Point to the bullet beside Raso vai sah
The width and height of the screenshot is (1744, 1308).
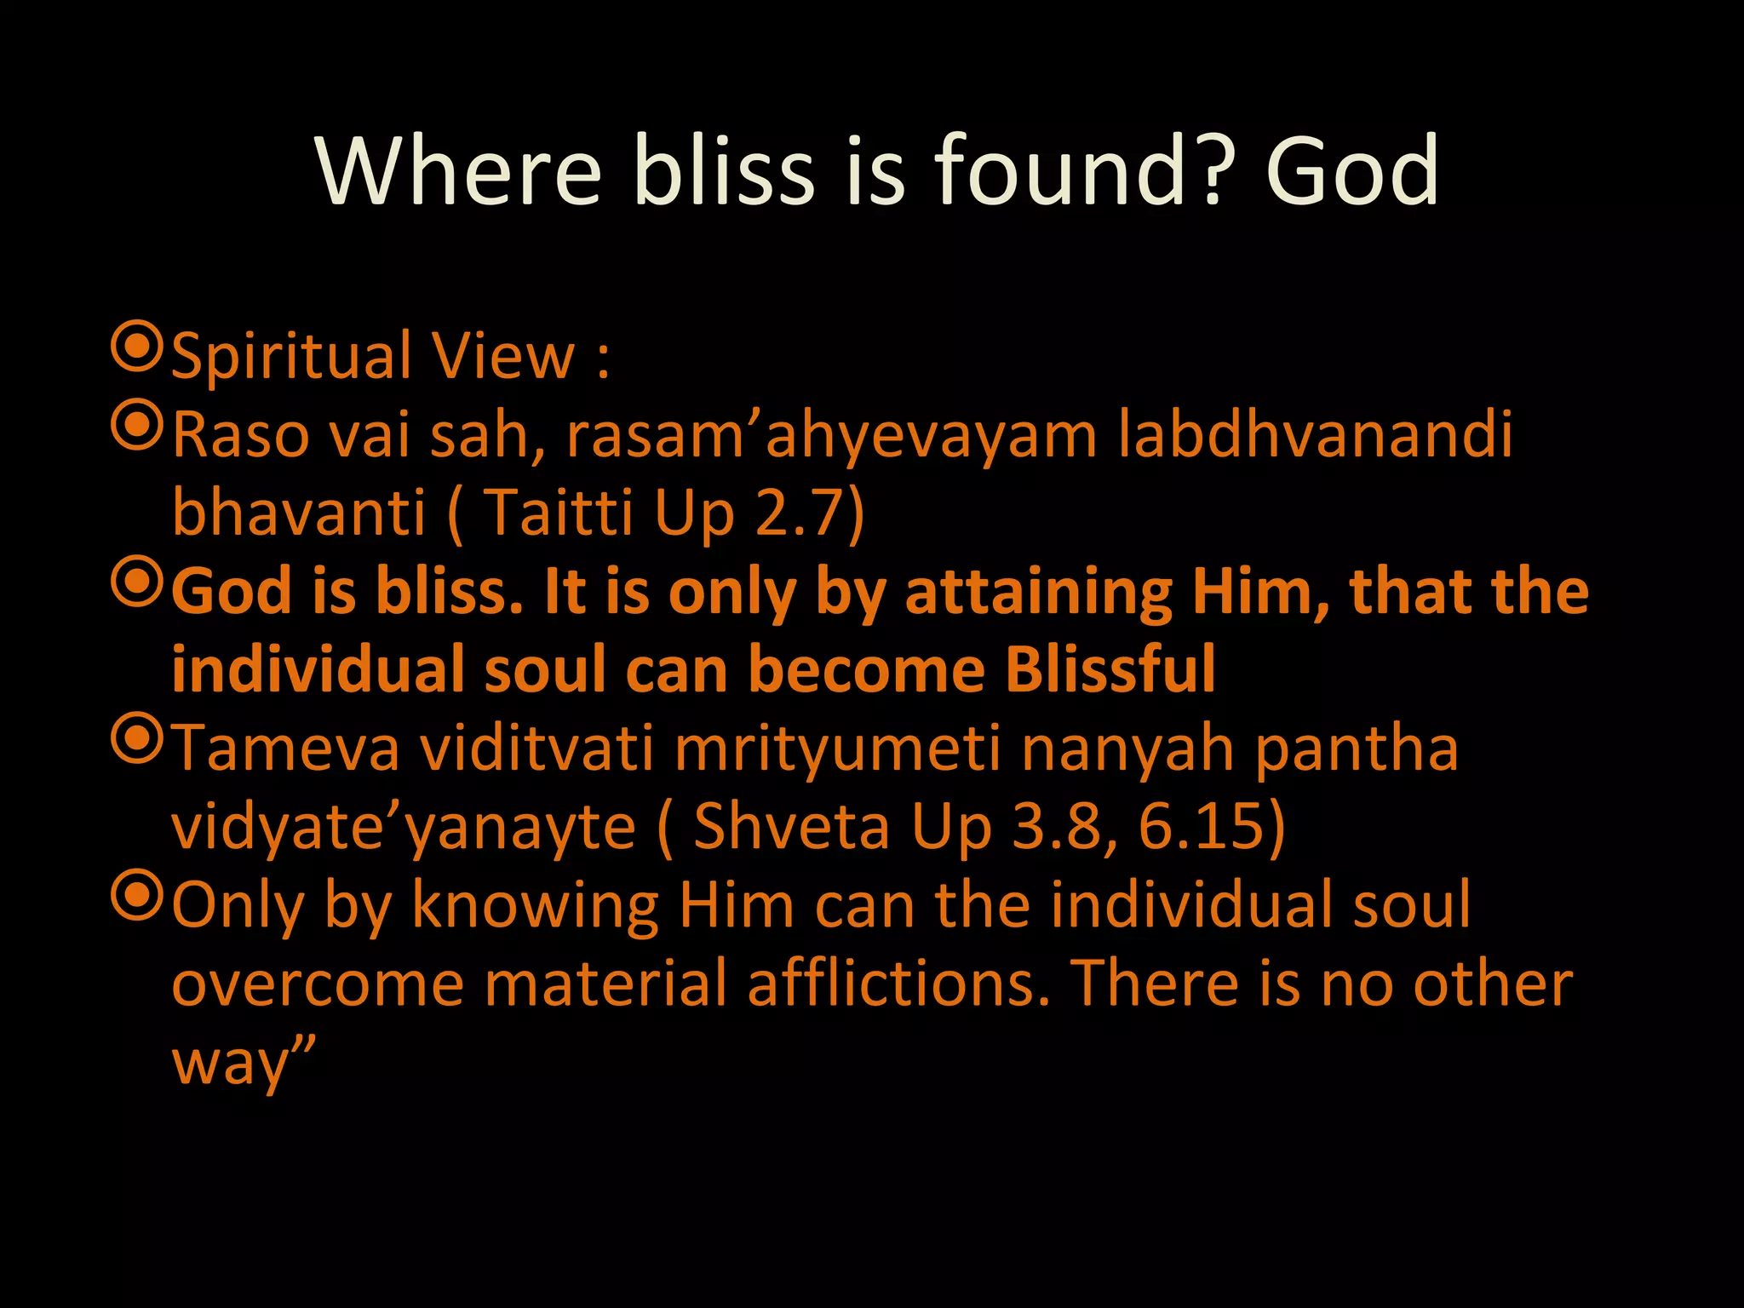[136, 426]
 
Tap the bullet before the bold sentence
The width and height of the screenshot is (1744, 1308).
[136, 582]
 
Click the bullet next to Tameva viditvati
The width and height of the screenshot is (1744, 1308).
[136, 739]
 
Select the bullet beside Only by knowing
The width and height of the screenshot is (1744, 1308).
[136, 896]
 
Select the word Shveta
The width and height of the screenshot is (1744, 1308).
[791, 827]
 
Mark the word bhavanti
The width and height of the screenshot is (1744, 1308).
[298, 513]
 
